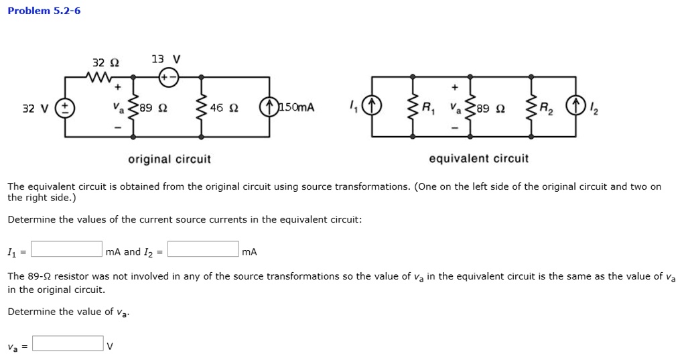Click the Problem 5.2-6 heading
pos(44,11)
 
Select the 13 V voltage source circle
pos(170,77)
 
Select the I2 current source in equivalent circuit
pos(575,107)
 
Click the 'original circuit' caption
pos(169,160)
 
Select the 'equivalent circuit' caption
pos(478,159)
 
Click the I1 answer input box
pos(66,249)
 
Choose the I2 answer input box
pos(203,249)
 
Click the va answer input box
pos(68,343)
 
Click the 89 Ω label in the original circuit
pos(151,107)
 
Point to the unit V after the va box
pos(111,347)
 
